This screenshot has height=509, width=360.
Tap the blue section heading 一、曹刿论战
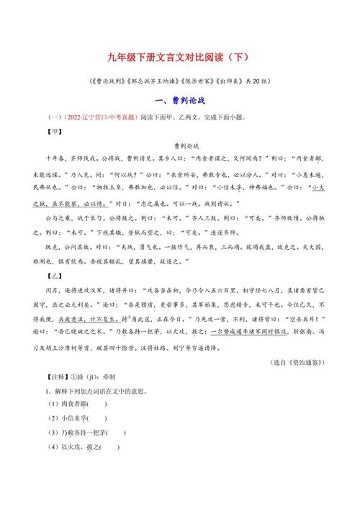click(179, 101)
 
